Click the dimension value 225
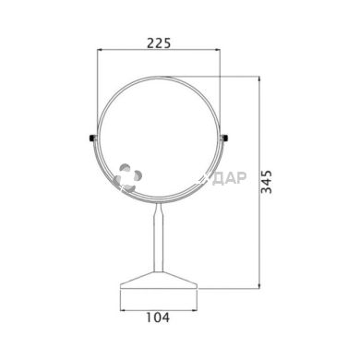click(x=159, y=43)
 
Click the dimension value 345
click(x=266, y=182)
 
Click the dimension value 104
click(x=158, y=318)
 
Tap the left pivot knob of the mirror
click(x=92, y=138)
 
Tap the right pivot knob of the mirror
click(x=225, y=138)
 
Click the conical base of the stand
click(x=159, y=281)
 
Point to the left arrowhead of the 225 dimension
click(x=100, y=49)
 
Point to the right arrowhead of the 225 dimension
click(x=217, y=49)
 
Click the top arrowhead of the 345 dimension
click(x=260, y=79)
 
